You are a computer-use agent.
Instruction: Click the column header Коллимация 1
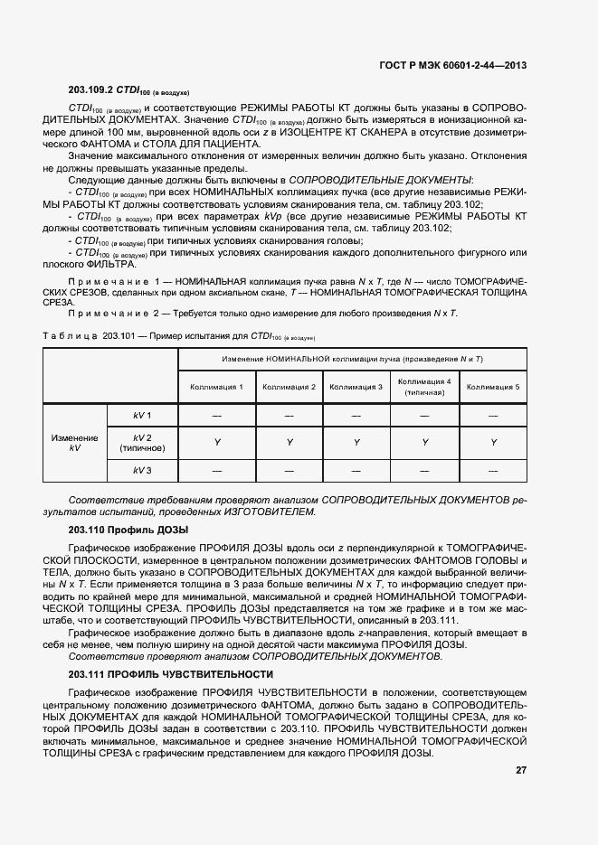pyautogui.click(x=216, y=387)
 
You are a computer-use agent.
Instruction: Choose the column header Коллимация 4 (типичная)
pyautogui.click(x=424, y=387)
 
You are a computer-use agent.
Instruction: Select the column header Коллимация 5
pyautogui.click(x=493, y=387)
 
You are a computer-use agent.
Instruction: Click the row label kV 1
pyautogui.click(x=142, y=415)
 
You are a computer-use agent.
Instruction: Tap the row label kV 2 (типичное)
pyautogui.click(x=142, y=442)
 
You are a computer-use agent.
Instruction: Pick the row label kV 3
pyautogui.click(x=142, y=471)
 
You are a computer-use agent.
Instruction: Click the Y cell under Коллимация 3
pyautogui.click(x=356, y=443)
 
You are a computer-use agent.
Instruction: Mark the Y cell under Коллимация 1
pyautogui.click(x=216, y=443)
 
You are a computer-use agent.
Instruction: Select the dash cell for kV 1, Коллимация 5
pyautogui.click(x=493, y=415)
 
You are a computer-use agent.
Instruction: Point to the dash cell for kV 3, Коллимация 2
pyautogui.click(x=289, y=471)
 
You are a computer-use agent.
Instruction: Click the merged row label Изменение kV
pyautogui.click(x=74, y=443)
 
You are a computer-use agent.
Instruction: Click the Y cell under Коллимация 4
pyautogui.click(x=424, y=443)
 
